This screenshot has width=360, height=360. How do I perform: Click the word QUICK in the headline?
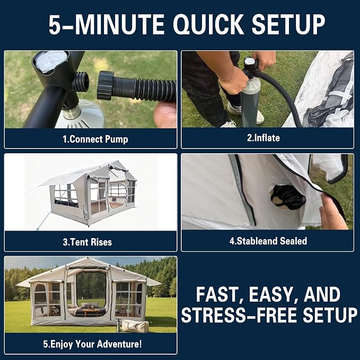pos(208,24)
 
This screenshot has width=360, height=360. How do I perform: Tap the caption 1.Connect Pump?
pos(95,139)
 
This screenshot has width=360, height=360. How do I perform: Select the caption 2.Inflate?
pos(264,138)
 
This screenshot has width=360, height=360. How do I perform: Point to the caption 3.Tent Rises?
pos(87,242)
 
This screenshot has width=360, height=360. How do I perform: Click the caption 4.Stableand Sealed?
pos(268,241)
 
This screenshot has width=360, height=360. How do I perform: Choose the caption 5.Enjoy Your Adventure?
pos(92,344)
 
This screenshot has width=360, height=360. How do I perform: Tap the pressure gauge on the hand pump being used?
pos(250,62)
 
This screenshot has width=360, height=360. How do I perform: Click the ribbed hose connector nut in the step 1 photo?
pos(106,85)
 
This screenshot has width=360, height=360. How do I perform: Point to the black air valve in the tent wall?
pos(288,197)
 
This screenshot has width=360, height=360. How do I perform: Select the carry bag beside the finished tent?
pos(135,326)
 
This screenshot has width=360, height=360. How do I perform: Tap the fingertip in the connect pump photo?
pos(165,115)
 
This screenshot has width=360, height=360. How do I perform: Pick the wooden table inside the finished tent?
pos(91,312)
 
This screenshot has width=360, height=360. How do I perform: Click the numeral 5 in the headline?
pos(55,24)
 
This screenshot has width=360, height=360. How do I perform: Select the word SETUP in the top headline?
pos(288,24)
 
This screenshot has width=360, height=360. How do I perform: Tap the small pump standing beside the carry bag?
pos(118,325)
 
